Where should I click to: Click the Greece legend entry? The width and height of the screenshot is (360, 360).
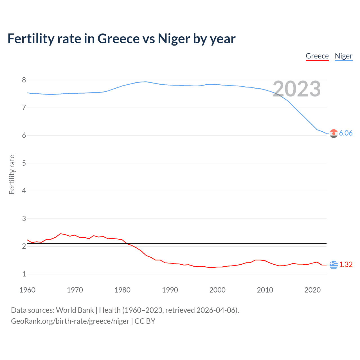pos(317,56)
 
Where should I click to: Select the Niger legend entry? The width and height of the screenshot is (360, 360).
pos(343,56)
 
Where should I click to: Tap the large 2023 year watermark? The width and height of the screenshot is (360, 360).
pos(296,89)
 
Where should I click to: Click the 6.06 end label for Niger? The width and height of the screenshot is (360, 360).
pos(346,133)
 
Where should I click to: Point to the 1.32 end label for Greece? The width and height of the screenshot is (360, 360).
pos(346,264)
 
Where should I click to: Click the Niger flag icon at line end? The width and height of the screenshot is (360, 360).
pos(334,134)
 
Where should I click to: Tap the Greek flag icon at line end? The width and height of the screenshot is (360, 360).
pos(334,265)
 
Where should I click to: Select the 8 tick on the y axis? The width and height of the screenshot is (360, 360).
pos(24,80)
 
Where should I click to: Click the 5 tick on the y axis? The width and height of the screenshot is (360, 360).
pos(24,163)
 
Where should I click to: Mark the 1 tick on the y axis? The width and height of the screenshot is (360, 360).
pos(24,274)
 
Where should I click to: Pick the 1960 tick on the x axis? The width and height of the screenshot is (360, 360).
pos(27,290)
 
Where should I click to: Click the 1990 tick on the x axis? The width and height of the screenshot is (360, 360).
pos(170,290)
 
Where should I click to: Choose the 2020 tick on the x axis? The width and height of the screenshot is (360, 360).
pos(312,290)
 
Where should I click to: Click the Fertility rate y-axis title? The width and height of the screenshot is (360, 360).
pos(12,174)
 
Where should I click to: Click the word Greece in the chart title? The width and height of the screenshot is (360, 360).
pos(118,39)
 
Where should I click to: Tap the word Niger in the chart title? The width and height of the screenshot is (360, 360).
pos(174,39)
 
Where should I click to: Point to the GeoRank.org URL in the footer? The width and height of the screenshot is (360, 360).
pos(70,321)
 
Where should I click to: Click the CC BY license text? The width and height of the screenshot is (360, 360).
pos(145,321)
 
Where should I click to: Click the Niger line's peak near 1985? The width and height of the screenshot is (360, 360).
pos(145,82)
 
